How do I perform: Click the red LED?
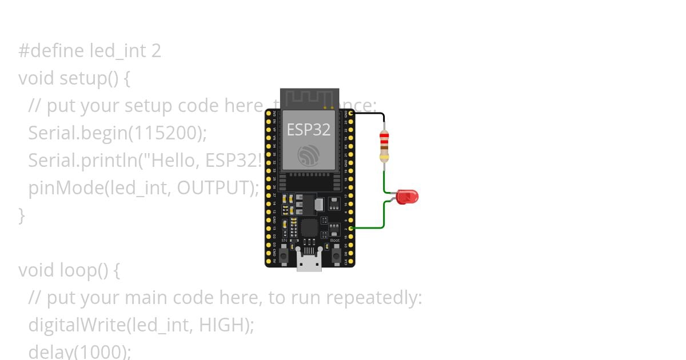click(x=407, y=197)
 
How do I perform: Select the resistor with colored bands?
click(x=385, y=146)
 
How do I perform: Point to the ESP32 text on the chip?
click(x=308, y=130)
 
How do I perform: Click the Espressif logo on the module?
click(x=309, y=155)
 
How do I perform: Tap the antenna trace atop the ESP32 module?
click(x=309, y=98)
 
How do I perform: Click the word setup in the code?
click(x=82, y=78)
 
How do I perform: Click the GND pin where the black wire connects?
click(x=351, y=114)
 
